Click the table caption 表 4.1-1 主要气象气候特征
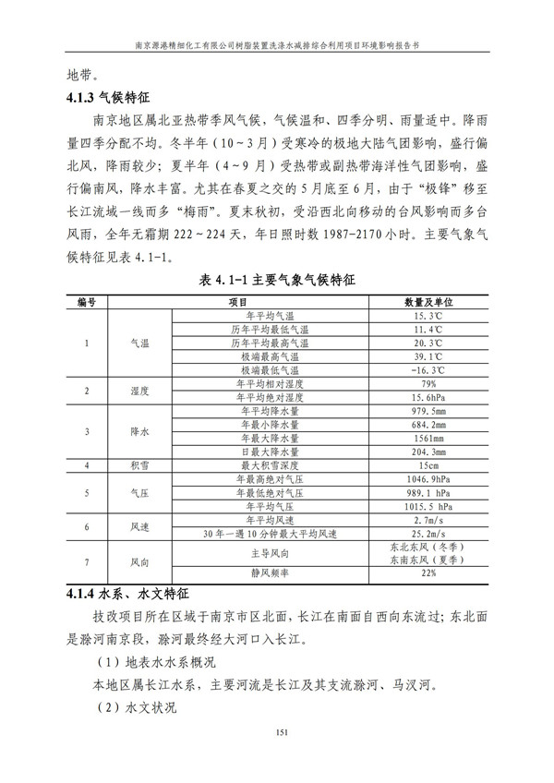[x=277, y=280]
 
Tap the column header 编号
[x=87, y=303]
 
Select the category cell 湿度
[x=139, y=391]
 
